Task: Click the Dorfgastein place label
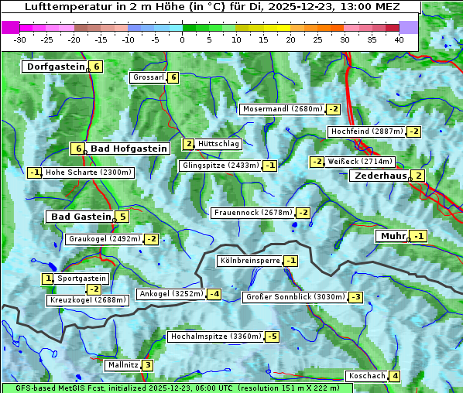tap(55, 67)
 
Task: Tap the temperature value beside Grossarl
tap(174, 77)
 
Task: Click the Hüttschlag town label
tap(219, 144)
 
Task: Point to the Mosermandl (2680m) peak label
tap(282, 109)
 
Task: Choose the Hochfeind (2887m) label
tap(366, 132)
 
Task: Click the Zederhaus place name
tap(379, 176)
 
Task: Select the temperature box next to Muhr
tap(419, 236)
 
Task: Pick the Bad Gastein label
tap(81, 217)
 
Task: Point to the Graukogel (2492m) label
tap(104, 239)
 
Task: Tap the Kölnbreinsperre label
tap(249, 261)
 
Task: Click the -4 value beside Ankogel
tap(214, 294)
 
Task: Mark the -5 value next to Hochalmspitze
tap(272, 337)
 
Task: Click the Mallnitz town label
tap(122, 365)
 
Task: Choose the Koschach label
tap(367, 376)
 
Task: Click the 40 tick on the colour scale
tap(399, 39)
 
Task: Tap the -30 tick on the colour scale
tap(20, 39)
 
